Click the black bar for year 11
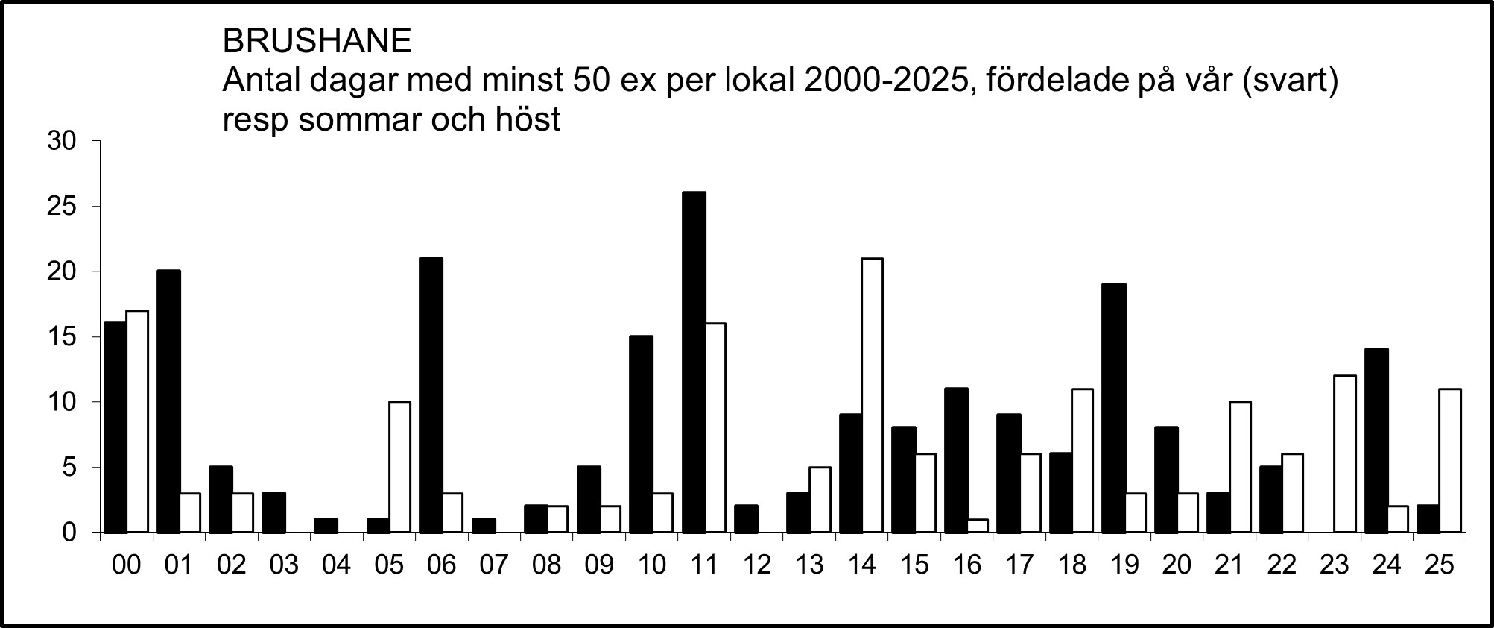coord(694,362)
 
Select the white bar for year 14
coord(872,395)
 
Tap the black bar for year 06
coord(431,395)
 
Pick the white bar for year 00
coord(137,421)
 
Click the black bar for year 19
coord(1113,408)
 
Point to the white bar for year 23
coord(1345,454)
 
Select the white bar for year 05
coord(399,467)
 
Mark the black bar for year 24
coord(1376,441)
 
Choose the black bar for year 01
coord(168,401)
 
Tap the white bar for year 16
coord(977,526)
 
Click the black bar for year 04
coord(326,526)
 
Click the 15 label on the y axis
coord(62,337)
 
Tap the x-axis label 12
coord(756,565)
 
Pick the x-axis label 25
coord(1440,565)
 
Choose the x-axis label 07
coord(493,565)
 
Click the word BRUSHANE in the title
coord(317,42)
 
